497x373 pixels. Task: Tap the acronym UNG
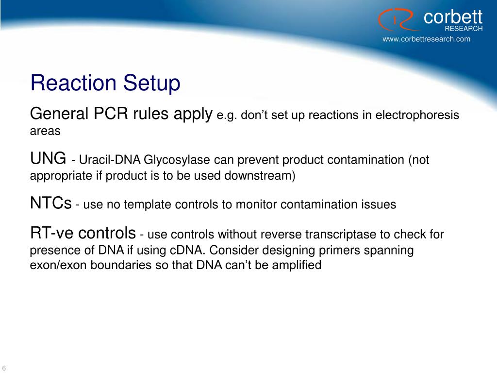[48, 158]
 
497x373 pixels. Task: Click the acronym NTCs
[51, 203]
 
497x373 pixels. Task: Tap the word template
[147, 205]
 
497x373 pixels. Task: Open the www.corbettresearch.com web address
[426, 39]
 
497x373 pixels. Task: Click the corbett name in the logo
[452, 17]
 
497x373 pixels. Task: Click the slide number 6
[3, 367]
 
